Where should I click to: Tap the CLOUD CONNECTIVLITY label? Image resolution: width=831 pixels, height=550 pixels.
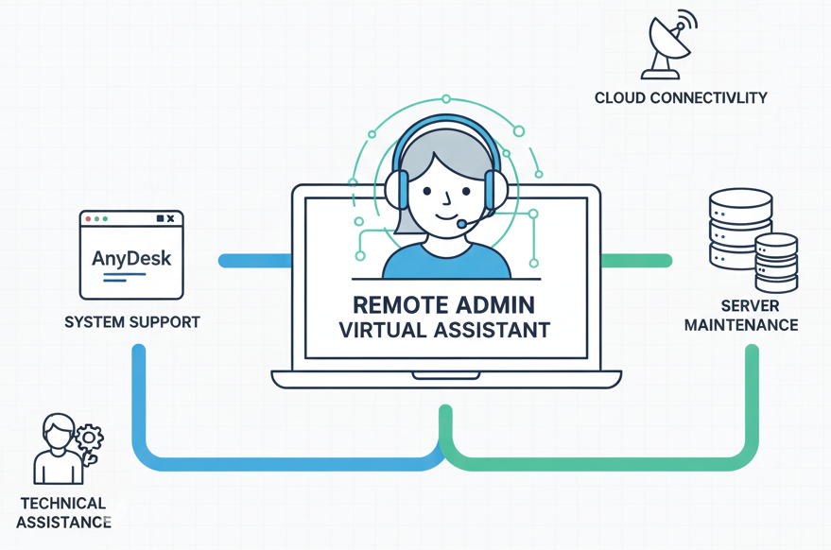point(680,97)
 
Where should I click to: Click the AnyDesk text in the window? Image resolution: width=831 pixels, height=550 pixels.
point(131,258)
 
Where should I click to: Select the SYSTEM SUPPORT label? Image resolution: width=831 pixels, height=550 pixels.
point(131,322)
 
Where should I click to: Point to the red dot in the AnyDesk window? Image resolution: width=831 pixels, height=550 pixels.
point(89,218)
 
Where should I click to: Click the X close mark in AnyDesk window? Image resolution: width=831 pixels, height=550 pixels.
point(170,218)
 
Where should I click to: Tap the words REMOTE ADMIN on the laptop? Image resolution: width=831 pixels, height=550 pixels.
point(443,305)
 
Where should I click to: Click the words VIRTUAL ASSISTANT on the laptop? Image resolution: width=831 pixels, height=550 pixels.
point(443,331)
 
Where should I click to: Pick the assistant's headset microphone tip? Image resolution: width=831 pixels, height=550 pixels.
point(461,224)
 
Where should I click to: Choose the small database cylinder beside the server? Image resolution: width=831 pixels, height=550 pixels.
point(776,263)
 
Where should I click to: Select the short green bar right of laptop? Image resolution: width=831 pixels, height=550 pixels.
point(636,260)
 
